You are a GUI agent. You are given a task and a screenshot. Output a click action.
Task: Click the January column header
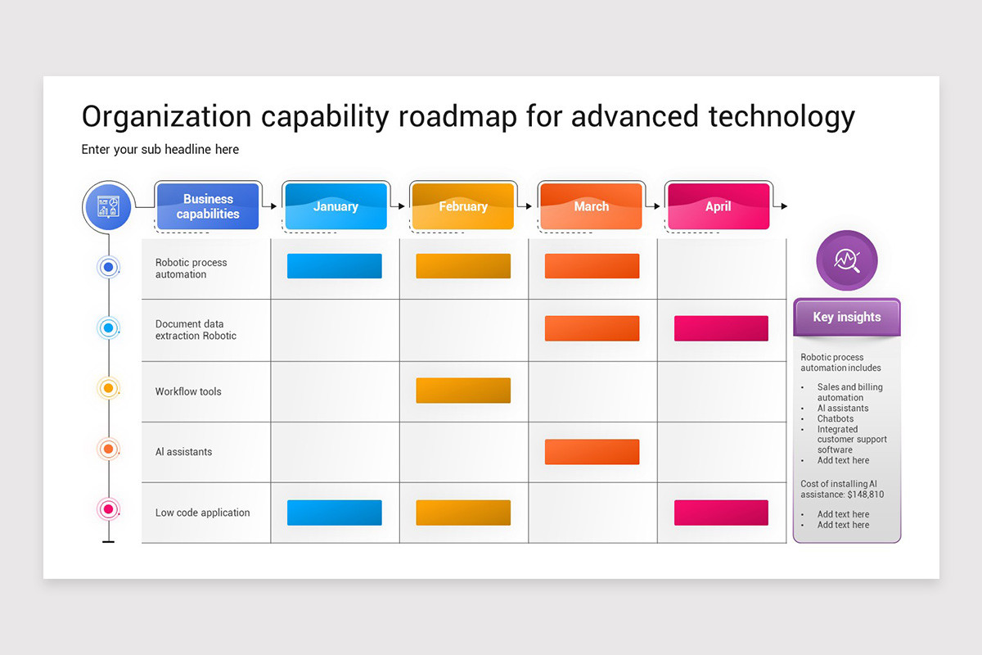pyautogui.click(x=336, y=206)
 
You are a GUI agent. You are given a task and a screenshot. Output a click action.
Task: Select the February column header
pyautogui.click(x=462, y=206)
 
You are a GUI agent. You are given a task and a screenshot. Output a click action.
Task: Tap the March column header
pyautogui.click(x=591, y=206)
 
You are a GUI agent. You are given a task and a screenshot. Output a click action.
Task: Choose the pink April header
pyautogui.click(x=718, y=206)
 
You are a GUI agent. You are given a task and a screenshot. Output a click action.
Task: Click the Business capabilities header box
pyautogui.click(x=208, y=206)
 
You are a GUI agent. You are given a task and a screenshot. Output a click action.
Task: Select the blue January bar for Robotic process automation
pyautogui.click(x=334, y=266)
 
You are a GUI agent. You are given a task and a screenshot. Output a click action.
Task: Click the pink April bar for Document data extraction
pyautogui.click(x=721, y=328)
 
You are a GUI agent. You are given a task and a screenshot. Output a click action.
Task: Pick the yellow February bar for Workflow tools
pyautogui.click(x=463, y=391)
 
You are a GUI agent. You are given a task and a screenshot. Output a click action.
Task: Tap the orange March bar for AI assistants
pyautogui.click(x=592, y=452)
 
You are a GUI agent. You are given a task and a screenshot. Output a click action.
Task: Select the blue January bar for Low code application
pyautogui.click(x=334, y=513)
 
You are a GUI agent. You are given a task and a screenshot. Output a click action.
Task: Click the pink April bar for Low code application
pyautogui.click(x=721, y=513)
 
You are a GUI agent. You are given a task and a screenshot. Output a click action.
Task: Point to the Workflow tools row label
pyautogui.click(x=188, y=391)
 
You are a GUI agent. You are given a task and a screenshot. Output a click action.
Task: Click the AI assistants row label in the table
pyautogui.click(x=184, y=452)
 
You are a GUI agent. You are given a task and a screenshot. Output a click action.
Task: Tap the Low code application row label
pyautogui.click(x=202, y=513)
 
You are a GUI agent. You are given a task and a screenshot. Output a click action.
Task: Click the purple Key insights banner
pyautogui.click(x=847, y=318)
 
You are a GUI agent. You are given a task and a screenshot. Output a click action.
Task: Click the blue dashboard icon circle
pyautogui.click(x=107, y=206)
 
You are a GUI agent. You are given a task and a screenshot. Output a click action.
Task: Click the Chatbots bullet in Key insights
pyautogui.click(x=835, y=418)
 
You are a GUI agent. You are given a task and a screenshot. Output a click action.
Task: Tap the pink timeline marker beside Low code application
pyautogui.click(x=108, y=509)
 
